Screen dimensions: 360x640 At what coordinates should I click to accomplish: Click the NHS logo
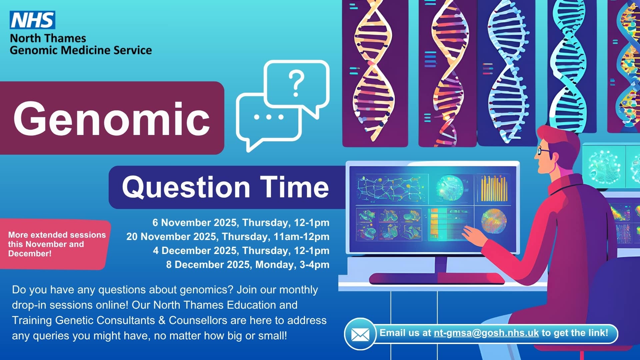(32, 20)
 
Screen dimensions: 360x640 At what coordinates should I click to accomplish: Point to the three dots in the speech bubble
(269, 117)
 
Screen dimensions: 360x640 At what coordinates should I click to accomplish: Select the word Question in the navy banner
(186, 187)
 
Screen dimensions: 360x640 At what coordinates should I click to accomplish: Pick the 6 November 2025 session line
(241, 223)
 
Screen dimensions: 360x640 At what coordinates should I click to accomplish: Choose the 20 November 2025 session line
(228, 237)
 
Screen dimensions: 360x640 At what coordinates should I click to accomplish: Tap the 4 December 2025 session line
(241, 251)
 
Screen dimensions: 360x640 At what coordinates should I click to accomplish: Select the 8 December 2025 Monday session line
(248, 265)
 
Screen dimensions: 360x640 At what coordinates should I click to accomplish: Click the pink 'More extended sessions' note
(56, 244)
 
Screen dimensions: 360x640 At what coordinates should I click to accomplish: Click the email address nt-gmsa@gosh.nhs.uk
(486, 333)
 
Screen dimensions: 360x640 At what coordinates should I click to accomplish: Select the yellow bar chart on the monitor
(494, 188)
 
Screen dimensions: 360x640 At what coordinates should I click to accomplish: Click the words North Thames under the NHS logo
(48, 38)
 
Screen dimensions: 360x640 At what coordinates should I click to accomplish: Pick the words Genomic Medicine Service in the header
(81, 50)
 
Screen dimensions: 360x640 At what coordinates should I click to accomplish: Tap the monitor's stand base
(437, 278)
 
